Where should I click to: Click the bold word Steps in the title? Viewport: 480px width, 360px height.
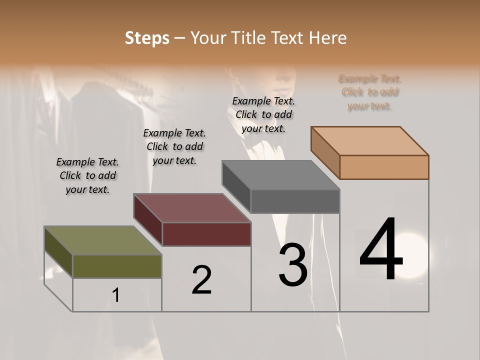tap(147, 37)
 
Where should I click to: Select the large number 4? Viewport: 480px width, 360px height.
tap(381, 249)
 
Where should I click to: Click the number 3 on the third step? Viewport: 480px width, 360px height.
tap(292, 265)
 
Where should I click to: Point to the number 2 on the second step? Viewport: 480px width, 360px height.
tap(201, 280)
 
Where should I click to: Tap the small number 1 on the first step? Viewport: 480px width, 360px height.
tap(116, 295)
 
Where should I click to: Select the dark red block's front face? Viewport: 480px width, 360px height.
tap(206, 234)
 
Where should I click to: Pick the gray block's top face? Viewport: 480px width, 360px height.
tap(280, 175)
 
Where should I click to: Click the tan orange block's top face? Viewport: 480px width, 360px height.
tap(370, 140)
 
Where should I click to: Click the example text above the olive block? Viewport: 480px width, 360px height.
tap(87, 175)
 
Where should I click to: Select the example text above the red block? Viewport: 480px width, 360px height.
tap(174, 146)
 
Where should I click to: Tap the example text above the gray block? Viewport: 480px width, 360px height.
tap(263, 114)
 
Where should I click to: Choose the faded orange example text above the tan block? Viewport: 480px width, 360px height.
tap(370, 92)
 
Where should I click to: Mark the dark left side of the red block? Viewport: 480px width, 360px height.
tap(148, 219)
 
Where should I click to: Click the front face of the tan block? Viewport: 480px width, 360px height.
tap(384, 167)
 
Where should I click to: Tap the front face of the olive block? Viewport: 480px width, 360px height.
tap(117, 266)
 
